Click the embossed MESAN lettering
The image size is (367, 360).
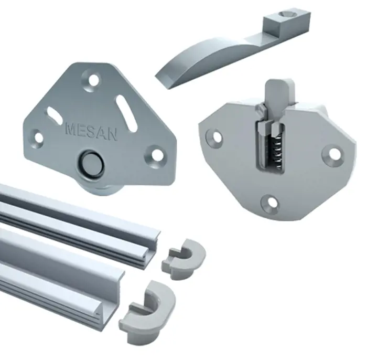[x=92, y=133]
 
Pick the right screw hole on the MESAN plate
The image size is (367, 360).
[x=155, y=154]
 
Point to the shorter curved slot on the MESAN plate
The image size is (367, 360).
[x=55, y=113]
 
